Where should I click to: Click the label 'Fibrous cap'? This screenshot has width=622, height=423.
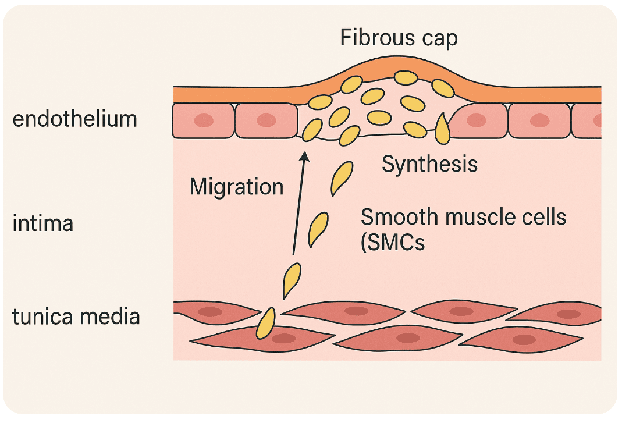click(399, 38)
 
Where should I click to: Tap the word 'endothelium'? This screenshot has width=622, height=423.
click(75, 119)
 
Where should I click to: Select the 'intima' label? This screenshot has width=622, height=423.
click(43, 223)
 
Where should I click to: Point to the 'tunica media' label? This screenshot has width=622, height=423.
click(76, 317)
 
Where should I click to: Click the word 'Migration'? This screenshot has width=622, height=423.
click(236, 187)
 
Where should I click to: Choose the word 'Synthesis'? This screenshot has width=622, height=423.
click(429, 164)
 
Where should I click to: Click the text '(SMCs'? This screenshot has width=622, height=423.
click(393, 243)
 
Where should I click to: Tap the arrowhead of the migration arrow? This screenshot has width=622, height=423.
click(304, 156)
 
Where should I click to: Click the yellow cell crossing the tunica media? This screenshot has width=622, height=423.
click(266, 324)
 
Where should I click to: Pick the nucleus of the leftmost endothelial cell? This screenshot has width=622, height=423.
click(204, 120)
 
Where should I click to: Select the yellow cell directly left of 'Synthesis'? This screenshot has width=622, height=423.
click(342, 178)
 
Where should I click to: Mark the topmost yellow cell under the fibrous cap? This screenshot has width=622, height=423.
click(406, 77)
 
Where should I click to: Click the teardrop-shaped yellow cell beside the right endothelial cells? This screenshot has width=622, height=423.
click(442, 129)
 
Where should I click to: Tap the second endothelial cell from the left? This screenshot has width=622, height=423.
click(266, 120)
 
